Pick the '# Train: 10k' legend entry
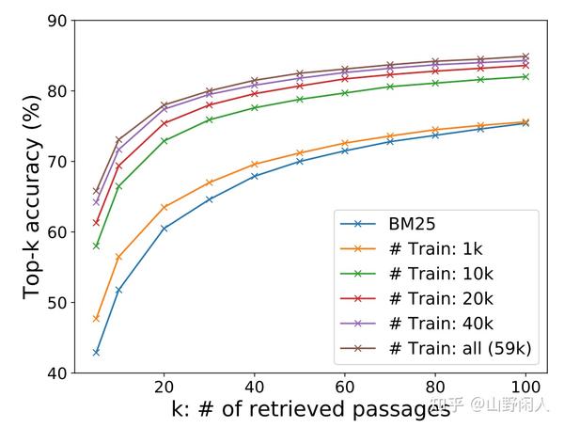440,275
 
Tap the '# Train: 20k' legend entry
440,299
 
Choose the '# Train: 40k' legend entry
440,324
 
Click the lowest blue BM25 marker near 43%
96,352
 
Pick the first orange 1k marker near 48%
96,319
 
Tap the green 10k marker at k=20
164,141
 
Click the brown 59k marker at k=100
525,56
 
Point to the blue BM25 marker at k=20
164,229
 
